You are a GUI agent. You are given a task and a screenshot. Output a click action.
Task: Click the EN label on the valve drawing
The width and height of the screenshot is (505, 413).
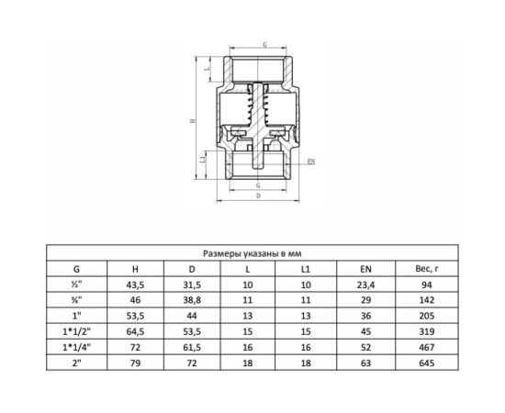(311, 162)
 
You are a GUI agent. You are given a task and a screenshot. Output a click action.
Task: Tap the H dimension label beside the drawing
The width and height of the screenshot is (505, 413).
(193, 121)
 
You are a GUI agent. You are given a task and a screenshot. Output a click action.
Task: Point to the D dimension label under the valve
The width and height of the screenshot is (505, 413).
(258, 195)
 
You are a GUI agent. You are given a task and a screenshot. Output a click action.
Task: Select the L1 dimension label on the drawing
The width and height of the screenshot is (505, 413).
(203, 160)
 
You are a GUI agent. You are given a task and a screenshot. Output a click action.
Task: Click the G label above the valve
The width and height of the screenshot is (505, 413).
(265, 45)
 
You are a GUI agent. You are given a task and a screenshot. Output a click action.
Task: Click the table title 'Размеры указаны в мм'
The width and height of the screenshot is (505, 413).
(252, 253)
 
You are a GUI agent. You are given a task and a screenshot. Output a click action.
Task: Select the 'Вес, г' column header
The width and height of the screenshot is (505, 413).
(427, 269)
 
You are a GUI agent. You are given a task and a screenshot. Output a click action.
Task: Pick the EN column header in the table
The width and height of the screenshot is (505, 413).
(365, 269)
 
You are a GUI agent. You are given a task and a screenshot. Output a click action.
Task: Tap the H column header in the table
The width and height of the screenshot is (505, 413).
(135, 269)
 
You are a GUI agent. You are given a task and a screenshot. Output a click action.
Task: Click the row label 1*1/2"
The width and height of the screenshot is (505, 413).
(76, 331)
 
